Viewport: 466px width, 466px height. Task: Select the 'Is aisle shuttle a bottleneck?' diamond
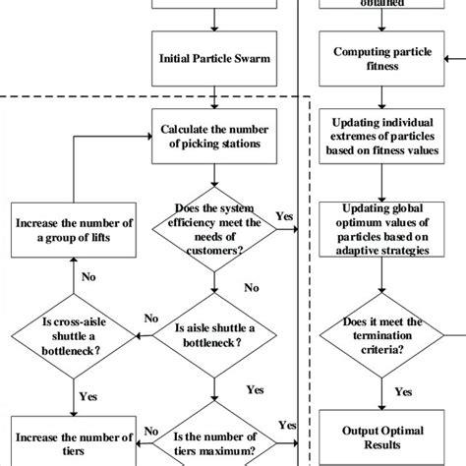(214, 335)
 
